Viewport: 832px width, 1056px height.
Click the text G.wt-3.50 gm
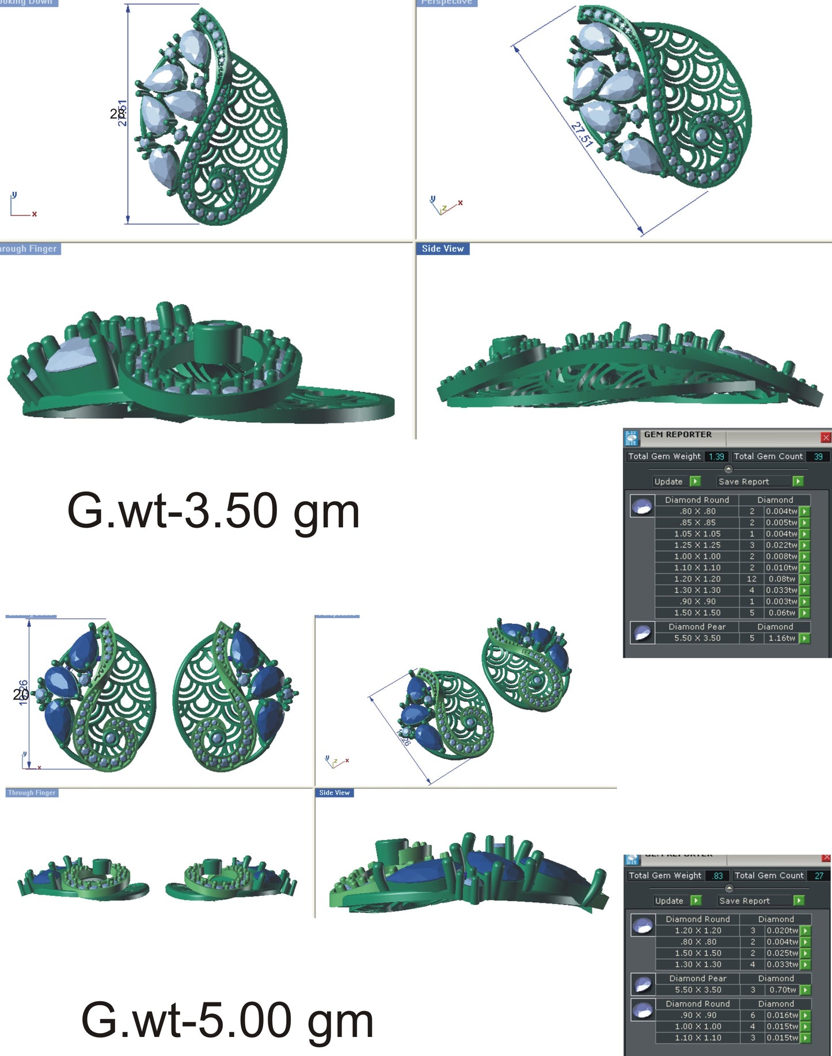[213, 511]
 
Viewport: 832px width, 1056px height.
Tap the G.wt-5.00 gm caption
[227, 1020]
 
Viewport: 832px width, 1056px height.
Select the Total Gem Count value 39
[818, 456]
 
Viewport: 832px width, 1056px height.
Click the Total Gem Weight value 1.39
[716, 456]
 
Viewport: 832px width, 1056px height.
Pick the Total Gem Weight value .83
[717, 876]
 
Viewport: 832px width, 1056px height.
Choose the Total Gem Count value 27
[819, 876]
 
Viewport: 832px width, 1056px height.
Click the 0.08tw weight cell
[781, 579]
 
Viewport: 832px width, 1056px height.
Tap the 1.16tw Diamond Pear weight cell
[781, 638]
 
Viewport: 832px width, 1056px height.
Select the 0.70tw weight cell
[782, 990]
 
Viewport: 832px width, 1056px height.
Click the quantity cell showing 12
[751, 579]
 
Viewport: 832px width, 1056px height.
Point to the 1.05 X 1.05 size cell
[697, 534]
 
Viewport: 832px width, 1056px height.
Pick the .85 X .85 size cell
[697, 523]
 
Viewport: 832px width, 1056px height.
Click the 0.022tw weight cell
[781, 545]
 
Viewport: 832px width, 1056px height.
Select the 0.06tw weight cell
[781, 613]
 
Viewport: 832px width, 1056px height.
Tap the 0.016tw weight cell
[782, 1015]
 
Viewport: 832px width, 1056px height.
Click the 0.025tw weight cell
[782, 953]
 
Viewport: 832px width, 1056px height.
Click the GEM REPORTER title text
[678, 434]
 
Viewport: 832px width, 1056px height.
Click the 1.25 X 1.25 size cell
[697, 545]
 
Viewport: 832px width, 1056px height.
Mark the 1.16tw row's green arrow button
[804, 638]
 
